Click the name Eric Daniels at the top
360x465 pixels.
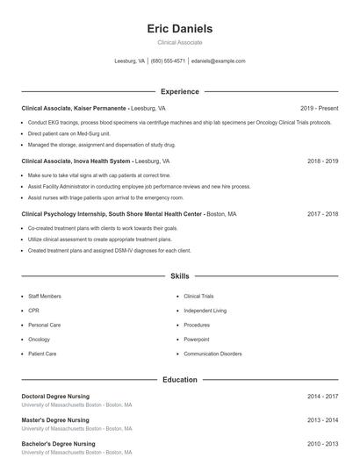click(x=179, y=28)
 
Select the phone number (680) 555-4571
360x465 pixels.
click(x=168, y=61)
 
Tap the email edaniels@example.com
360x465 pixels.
click(x=218, y=61)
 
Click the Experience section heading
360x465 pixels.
click(x=179, y=91)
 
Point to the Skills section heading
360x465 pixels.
click(x=179, y=276)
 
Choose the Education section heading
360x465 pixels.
click(x=179, y=380)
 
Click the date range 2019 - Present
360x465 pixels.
click(x=319, y=108)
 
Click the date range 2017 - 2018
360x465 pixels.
click(x=323, y=213)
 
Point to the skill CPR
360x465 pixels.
click(x=33, y=311)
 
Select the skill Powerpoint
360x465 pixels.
click(x=197, y=339)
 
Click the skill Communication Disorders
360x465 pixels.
click(x=212, y=354)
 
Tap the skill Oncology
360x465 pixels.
click(x=40, y=339)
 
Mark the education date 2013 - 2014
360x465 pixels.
click(x=323, y=420)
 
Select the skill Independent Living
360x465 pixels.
click(x=205, y=311)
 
